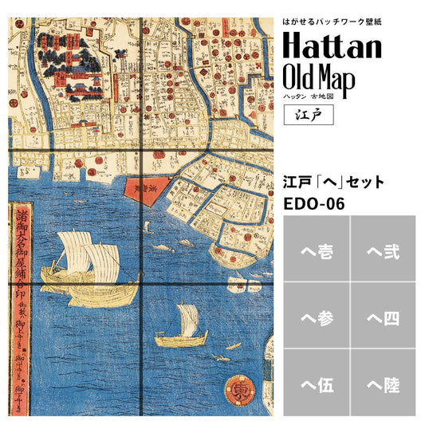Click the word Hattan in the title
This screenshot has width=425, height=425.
(x=333, y=46)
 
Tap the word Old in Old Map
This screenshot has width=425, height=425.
(x=302, y=79)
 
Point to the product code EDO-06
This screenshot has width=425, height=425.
(x=314, y=205)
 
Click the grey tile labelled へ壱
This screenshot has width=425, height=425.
(x=315, y=254)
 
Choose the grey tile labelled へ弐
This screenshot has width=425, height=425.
(x=383, y=254)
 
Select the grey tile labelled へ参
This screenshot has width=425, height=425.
(x=315, y=320)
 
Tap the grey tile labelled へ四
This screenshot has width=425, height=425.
(x=383, y=320)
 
